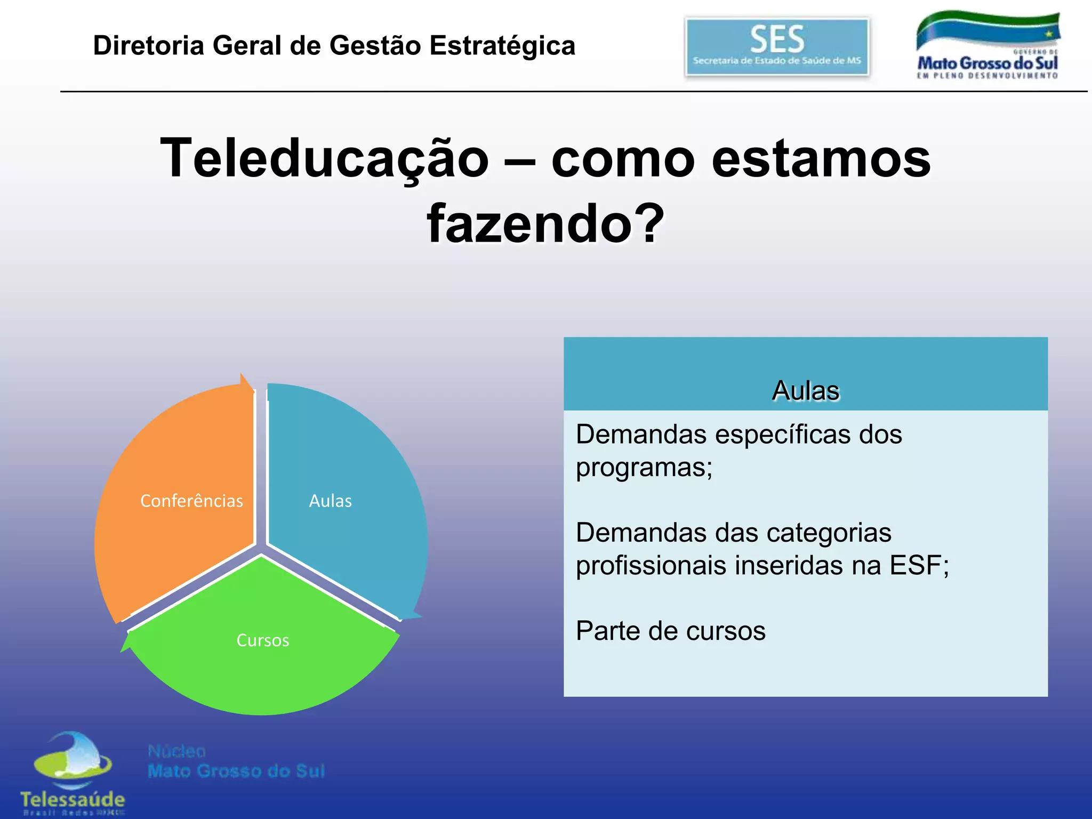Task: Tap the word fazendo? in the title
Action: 545,224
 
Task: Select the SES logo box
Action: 777,47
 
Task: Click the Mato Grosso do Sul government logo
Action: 987,46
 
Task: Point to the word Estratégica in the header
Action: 502,45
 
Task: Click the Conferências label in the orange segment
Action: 191,501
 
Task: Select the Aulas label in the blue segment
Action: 330,501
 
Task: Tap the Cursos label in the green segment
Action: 262,640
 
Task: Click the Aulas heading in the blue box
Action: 805,390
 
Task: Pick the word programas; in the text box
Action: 644,468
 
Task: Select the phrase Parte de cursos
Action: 670,631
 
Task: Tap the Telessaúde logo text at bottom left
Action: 73,799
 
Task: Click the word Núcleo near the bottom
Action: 176,751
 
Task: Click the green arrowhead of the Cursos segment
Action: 127,642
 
